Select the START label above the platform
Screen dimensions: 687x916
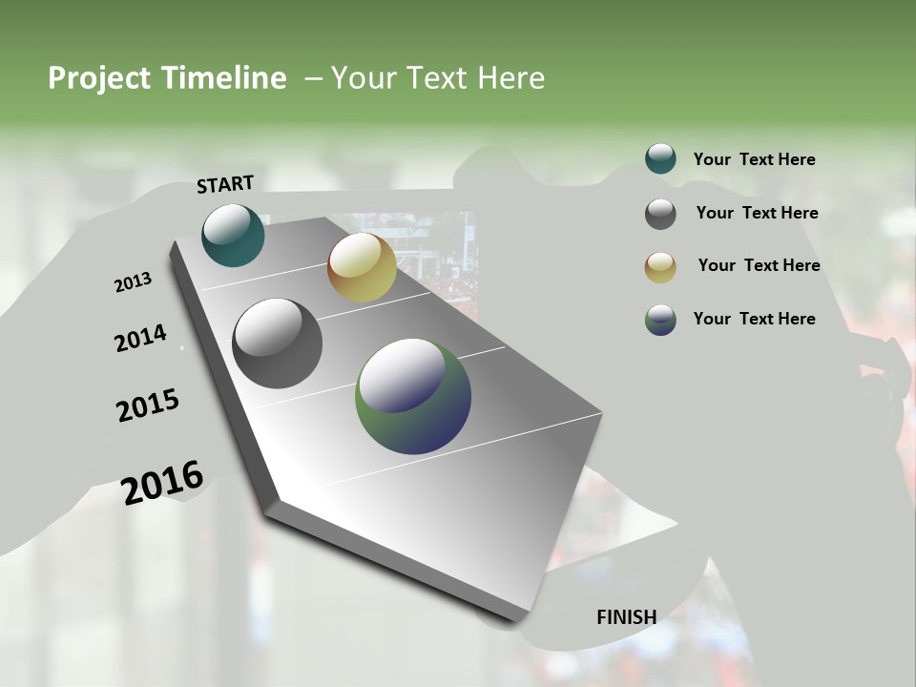click(x=225, y=184)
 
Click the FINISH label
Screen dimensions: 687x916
click(x=626, y=616)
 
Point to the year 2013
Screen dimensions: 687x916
click(x=134, y=282)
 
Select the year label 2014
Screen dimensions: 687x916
click(x=141, y=339)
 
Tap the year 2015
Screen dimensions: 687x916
click(x=148, y=406)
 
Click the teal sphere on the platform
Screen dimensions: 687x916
click(x=234, y=235)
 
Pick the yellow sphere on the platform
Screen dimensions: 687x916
click(x=362, y=267)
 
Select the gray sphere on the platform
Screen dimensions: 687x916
click(x=277, y=343)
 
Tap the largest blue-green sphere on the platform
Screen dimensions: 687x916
click(x=413, y=396)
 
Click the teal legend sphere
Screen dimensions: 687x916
click(x=660, y=158)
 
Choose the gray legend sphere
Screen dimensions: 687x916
click(x=660, y=213)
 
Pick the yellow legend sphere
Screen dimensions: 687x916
click(x=660, y=266)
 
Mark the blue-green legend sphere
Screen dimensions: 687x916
click(x=660, y=320)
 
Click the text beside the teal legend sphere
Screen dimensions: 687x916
click(x=754, y=159)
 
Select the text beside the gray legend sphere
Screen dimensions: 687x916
click(x=757, y=213)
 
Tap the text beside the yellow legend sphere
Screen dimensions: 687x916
click(x=759, y=265)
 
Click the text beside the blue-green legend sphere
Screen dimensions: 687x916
click(x=754, y=319)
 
